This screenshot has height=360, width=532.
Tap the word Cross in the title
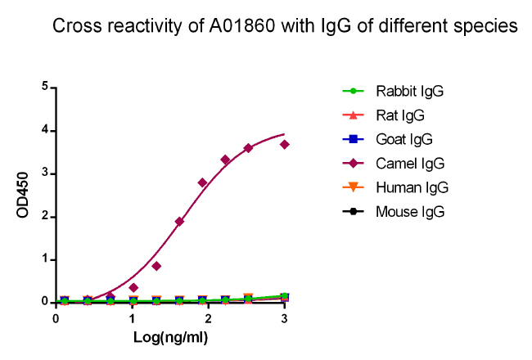tap(74, 26)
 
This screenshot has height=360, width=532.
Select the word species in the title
tap(489, 26)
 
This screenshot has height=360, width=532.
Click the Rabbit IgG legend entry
tap(409, 90)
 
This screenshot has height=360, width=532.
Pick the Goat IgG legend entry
tap(404, 139)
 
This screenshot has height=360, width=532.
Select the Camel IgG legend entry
tap(408, 164)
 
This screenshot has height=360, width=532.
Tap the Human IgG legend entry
tap(411, 188)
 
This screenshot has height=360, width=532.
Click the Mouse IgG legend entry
tap(409, 213)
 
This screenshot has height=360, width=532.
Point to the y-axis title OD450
tap(25, 195)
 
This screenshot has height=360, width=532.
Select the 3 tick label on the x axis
tap(284, 317)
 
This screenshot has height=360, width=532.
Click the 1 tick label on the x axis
tap(132, 317)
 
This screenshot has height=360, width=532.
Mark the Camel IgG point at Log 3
tap(284, 144)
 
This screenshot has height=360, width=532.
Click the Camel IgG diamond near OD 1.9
tap(179, 222)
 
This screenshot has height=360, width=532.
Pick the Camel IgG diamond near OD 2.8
tap(202, 182)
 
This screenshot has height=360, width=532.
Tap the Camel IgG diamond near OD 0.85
tap(156, 266)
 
